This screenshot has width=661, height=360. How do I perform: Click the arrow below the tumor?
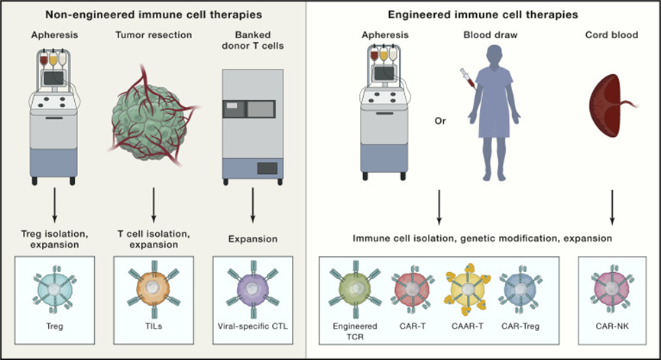tap(154, 207)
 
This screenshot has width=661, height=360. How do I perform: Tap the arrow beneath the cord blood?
tap(611, 207)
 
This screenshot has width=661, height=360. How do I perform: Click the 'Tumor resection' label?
tap(154, 35)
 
